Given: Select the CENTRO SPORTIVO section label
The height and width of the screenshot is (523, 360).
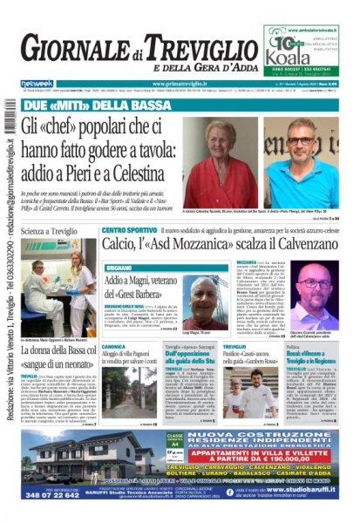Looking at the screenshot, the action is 127,231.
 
